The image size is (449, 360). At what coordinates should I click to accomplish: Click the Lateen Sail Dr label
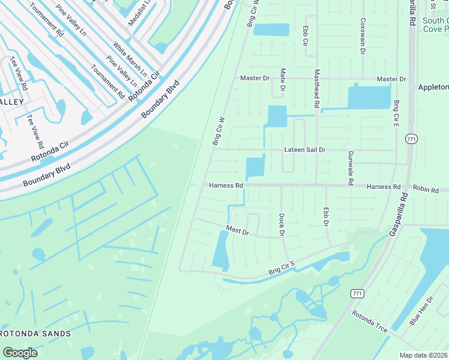pos(304,150)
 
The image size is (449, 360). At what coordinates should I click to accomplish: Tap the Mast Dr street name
pos(237,231)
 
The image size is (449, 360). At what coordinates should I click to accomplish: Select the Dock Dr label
pos(281,224)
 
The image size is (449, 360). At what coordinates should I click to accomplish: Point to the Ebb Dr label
pos(326,217)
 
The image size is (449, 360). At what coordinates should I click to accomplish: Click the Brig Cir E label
pos(396,112)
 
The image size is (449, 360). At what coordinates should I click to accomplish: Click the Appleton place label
pos(433,87)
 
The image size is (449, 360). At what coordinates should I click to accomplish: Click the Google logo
pos(20,353)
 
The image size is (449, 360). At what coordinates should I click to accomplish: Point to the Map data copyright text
pos(424,355)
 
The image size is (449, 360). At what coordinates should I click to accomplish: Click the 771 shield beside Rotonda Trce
pos(358,293)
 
